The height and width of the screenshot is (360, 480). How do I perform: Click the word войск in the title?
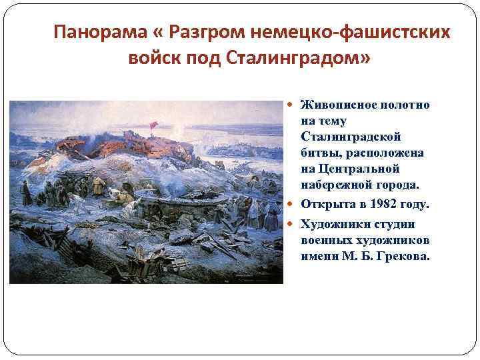[153, 59]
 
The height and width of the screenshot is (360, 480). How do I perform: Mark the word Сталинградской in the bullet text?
[351, 137]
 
